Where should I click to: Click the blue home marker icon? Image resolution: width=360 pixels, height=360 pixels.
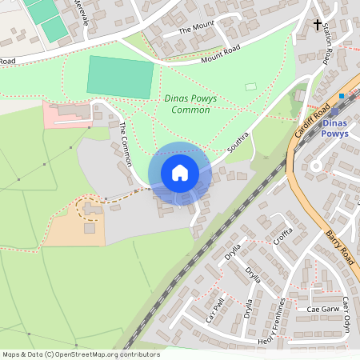click(x=180, y=173)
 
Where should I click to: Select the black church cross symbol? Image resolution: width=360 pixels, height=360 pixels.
click(x=318, y=25)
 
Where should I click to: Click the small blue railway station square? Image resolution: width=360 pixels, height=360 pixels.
click(x=342, y=97)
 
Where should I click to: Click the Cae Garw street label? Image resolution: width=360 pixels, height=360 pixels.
click(x=324, y=309)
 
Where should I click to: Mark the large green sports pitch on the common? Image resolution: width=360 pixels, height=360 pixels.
click(x=120, y=77)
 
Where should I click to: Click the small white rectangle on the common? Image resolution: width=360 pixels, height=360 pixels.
click(x=251, y=86)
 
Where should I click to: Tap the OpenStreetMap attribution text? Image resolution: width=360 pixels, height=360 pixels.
click(x=81, y=354)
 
